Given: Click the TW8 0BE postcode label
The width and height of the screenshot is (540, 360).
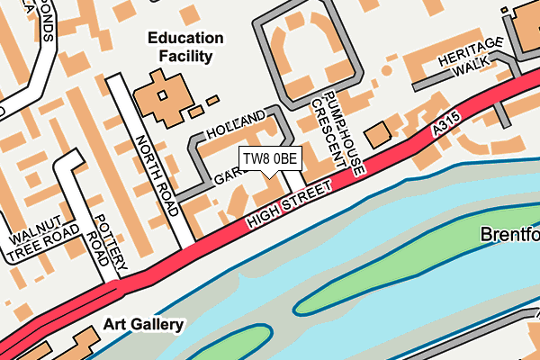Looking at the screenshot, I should pos(269,159).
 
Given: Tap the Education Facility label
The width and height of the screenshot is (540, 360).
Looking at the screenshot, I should pos(185,48).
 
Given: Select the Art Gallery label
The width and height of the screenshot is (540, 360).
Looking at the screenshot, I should pos(143,324).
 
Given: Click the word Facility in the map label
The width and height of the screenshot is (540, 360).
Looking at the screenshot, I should pos(185,57).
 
